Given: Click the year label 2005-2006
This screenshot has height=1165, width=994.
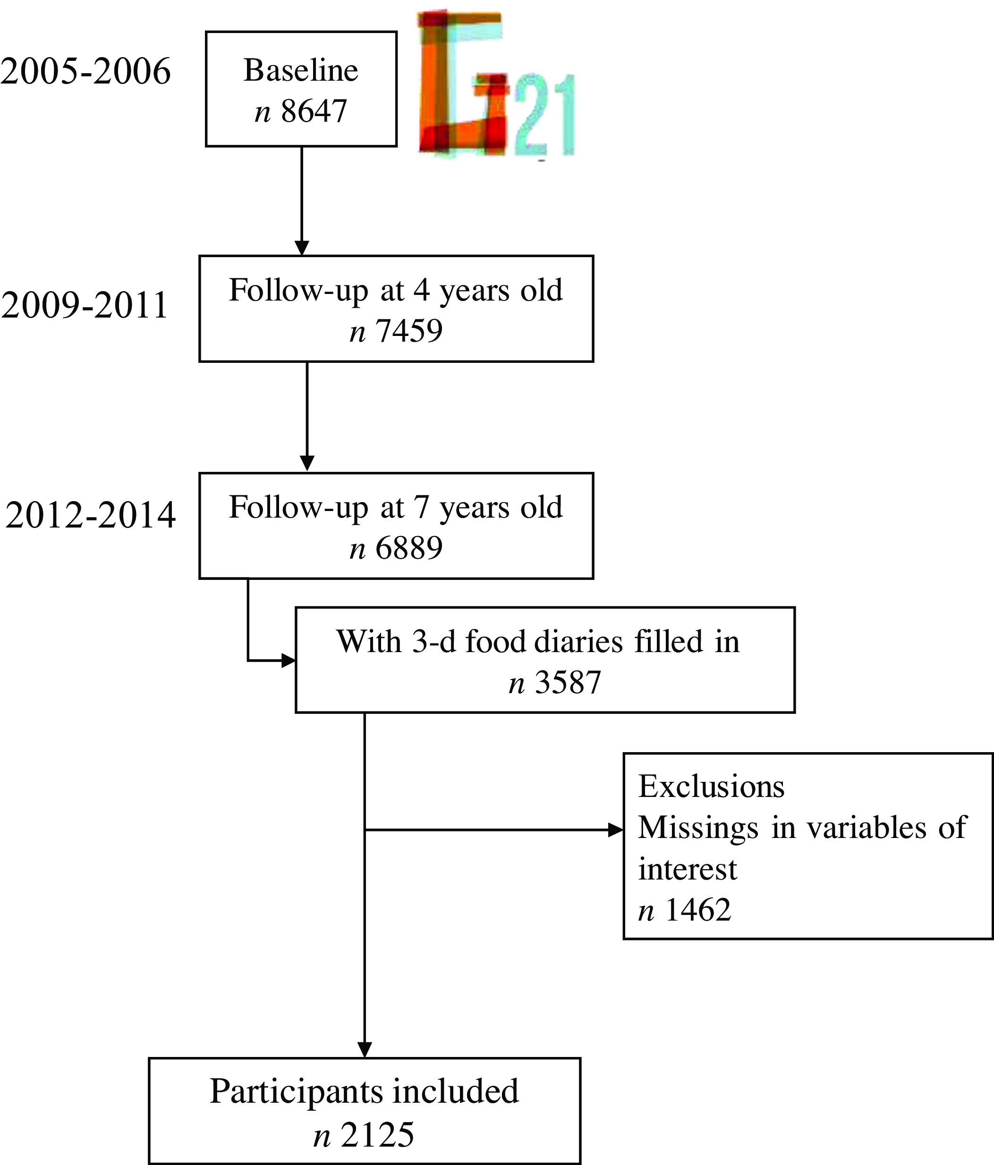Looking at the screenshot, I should click(85, 72).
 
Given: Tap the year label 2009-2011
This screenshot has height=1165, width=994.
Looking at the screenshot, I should click(85, 306).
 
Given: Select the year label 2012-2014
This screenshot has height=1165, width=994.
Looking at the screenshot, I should click(91, 515).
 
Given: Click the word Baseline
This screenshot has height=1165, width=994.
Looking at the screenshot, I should click(301, 70).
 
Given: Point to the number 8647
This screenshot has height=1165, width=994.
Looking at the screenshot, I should click(314, 111).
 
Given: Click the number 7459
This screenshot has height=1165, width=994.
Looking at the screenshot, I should click(409, 331).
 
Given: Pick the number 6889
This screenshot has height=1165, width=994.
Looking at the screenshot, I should click(409, 548).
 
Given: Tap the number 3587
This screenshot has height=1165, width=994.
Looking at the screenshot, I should click(568, 683).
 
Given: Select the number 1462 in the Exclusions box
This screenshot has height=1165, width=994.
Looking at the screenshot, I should click(697, 909).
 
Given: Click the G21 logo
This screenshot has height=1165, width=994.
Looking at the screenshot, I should click(495, 84).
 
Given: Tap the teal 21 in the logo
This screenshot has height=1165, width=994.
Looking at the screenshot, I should click(544, 115).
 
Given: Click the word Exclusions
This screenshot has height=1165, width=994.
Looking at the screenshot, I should click(711, 786).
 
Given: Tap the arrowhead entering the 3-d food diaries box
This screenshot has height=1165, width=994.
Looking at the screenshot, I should click(289, 661).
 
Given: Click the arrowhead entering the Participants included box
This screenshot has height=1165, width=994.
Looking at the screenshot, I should click(365, 1050).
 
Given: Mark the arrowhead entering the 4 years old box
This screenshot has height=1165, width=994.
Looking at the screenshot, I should click(302, 248).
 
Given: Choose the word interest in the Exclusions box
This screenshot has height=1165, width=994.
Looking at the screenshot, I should click(687, 869).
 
